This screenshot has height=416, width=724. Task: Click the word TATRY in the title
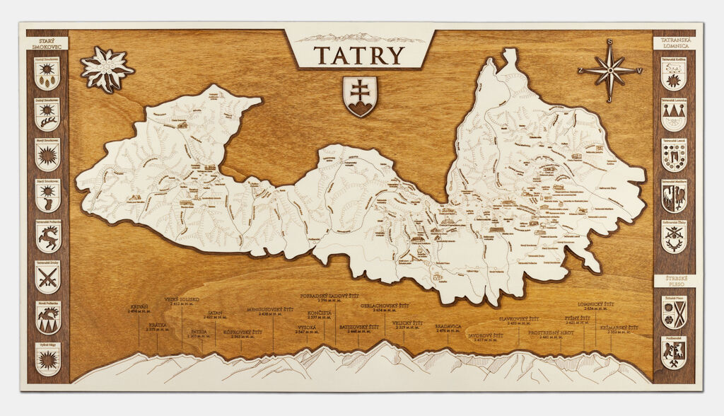(359, 55)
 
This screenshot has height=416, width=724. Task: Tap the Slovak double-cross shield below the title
(360, 96)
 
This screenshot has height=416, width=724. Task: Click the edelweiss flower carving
(107, 69)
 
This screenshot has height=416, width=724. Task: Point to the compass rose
(609, 71)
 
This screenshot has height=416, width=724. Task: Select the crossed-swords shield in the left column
(48, 277)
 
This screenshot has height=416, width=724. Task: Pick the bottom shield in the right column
(674, 352)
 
